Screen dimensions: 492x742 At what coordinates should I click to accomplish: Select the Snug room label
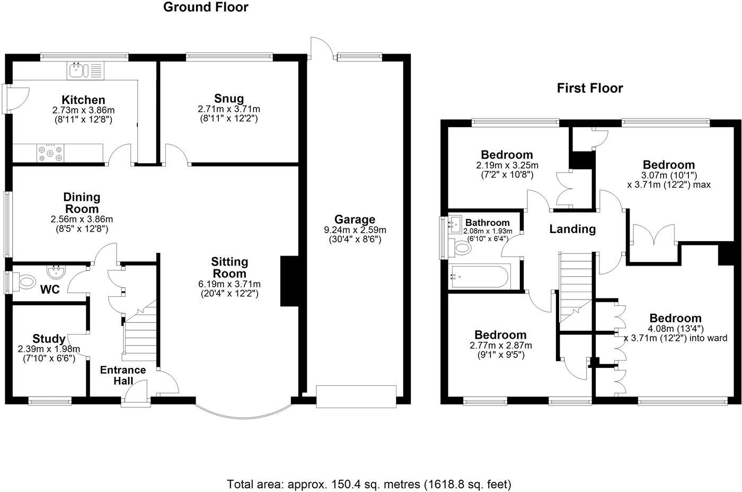coord(229,99)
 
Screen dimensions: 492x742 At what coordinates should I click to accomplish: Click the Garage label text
coord(355,219)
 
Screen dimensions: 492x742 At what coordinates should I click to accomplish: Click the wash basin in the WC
coord(56,272)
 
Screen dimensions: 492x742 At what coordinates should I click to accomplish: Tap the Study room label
coord(49,339)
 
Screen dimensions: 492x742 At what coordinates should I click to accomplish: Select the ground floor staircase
coord(140,331)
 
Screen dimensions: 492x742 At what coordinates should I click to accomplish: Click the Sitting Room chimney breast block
coord(289,281)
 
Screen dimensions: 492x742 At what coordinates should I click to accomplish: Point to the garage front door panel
coord(356,397)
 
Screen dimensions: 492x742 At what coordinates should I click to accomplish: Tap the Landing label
coord(572,230)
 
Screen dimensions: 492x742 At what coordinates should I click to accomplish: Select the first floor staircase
coord(575,286)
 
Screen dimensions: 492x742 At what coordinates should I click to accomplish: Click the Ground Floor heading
coord(206,7)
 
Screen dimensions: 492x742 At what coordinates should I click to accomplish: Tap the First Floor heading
coord(589,88)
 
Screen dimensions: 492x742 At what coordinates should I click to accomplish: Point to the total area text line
coord(369,484)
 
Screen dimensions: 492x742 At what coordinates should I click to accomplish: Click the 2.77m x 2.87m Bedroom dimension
coord(500,346)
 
